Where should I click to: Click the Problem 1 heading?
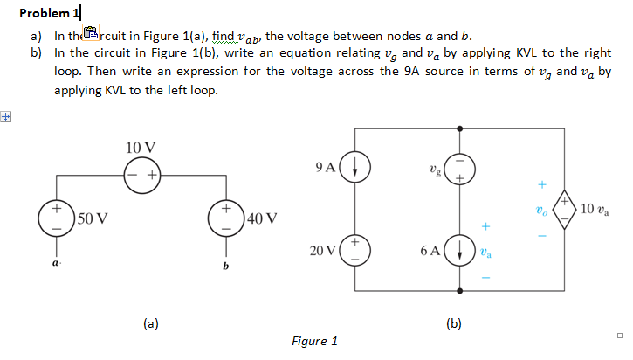pyautogui.click(x=48, y=13)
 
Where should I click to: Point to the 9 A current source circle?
pyautogui.click(x=355, y=166)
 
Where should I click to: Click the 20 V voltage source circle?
pyautogui.click(x=355, y=250)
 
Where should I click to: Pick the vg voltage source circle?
pyautogui.click(x=459, y=166)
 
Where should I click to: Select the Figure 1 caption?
pyautogui.click(x=315, y=341)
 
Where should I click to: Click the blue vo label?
pyautogui.click(x=541, y=211)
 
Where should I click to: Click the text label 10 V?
pyautogui.click(x=141, y=146)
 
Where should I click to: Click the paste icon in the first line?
pyautogui.click(x=91, y=34)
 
